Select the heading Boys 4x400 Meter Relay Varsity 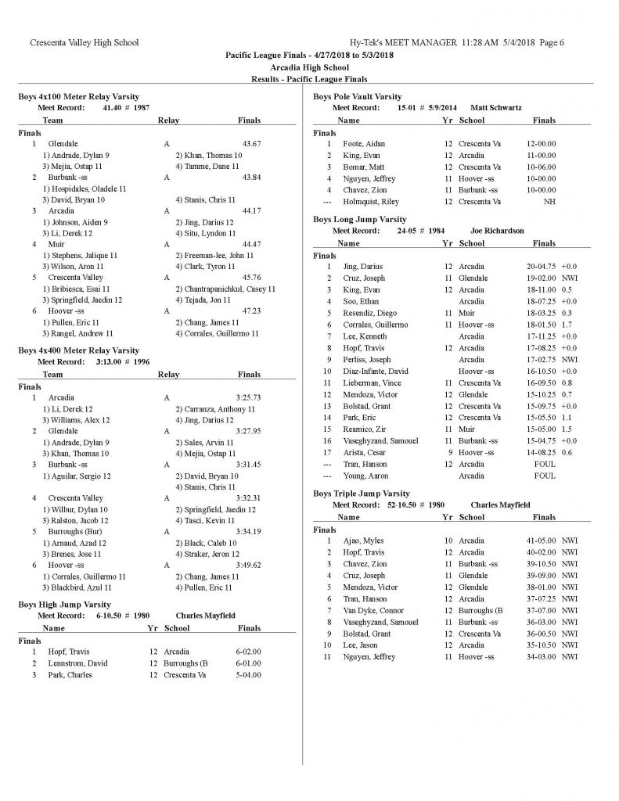tap(79, 350)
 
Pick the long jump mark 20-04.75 tap(542, 267)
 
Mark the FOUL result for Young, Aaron tap(544, 476)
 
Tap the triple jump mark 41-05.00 tap(542, 541)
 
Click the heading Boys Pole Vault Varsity tap(358, 96)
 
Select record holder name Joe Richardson tap(497, 231)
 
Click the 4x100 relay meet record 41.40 tap(115, 107)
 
